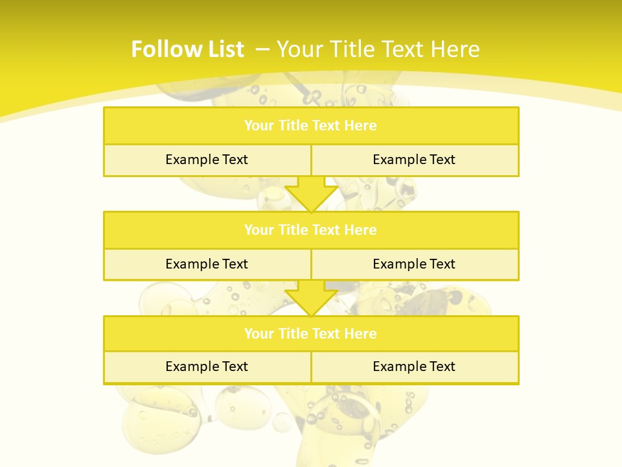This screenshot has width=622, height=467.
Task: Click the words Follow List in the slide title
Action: tap(187, 49)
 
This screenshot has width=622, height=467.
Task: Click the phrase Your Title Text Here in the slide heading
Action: tap(378, 49)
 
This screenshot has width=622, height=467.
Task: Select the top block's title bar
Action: tap(311, 126)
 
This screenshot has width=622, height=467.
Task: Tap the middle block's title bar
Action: tap(311, 230)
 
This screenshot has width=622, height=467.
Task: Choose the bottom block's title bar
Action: tap(311, 333)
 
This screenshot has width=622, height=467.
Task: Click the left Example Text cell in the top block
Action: tap(207, 160)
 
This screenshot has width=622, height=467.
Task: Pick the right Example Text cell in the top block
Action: tap(414, 160)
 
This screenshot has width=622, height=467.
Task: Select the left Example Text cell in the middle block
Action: tap(207, 264)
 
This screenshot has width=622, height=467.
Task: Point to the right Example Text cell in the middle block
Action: tap(414, 264)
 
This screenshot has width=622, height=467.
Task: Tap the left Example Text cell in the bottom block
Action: tap(207, 366)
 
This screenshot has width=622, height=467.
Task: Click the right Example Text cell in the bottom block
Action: tap(414, 366)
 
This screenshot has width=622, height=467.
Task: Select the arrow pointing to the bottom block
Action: tap(311, 298)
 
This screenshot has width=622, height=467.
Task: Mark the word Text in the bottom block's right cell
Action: tap(441, 366)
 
